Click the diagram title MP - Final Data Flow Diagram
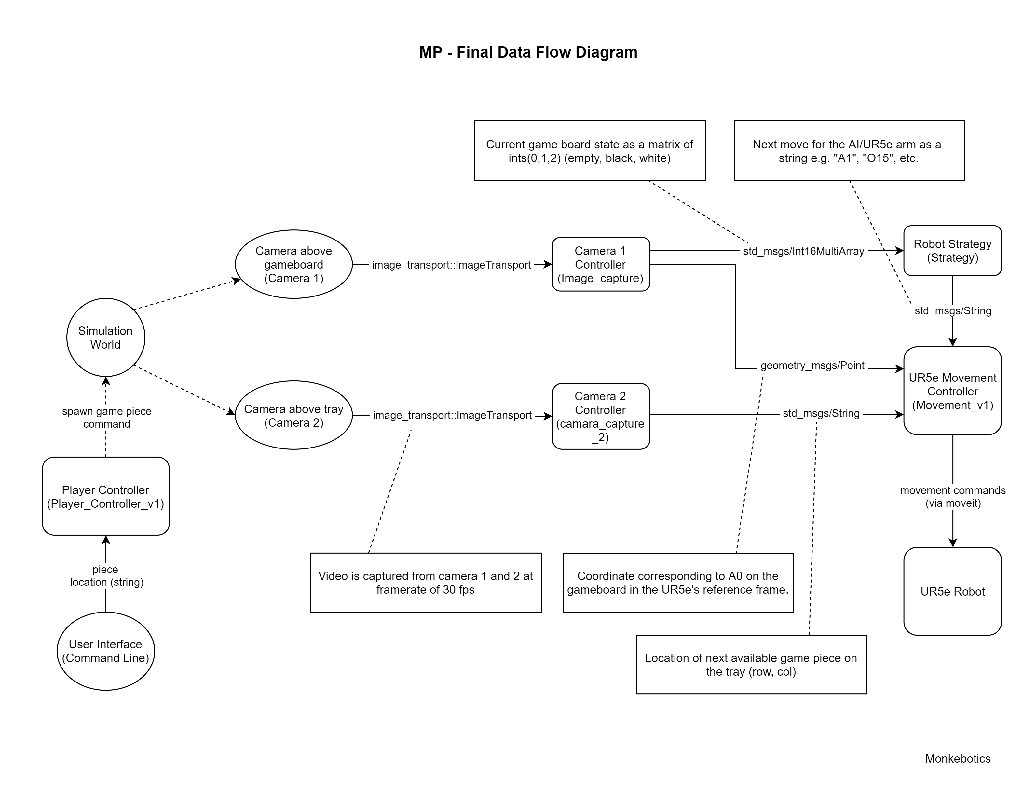pos(528,52)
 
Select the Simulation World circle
pos(105,337)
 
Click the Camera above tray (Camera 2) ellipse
pos(293,415)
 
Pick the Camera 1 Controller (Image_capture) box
pos(600,265)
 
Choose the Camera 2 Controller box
pos(600,416)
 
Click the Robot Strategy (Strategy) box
pos(952,251)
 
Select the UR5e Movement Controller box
pos(952,391)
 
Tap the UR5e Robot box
pos(952,592)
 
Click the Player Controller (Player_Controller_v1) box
pos(105,496)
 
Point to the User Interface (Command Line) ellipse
pos(105,651)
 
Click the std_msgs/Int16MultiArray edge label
pos(803,251)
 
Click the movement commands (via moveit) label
pos(952,497)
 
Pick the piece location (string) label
pos(106,576)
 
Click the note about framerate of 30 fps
pos(426,583)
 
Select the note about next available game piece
pos(751,665)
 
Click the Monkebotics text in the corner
pos(957,758)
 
